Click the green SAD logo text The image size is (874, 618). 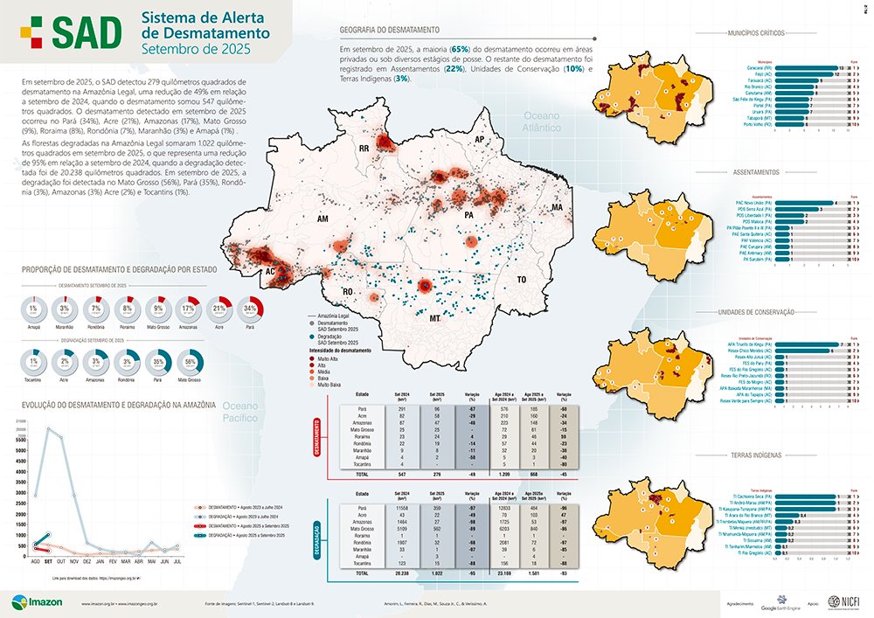click(x=85, y=31)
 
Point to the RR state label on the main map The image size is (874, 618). click(x=364, y=149)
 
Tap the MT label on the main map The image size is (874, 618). click(x=434, y=320)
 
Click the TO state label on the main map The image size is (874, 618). click(x=523, y=280)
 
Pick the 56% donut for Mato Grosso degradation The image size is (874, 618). click(x=191, y=361)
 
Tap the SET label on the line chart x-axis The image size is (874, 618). click(x=49, y=563)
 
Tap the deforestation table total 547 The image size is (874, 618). click(x=401, y=473)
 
